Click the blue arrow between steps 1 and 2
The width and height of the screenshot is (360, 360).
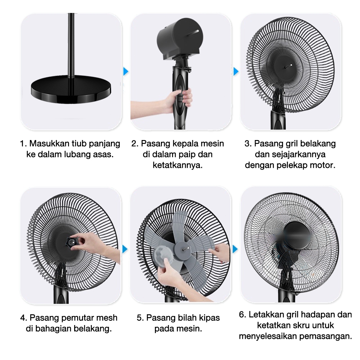pos(126,71)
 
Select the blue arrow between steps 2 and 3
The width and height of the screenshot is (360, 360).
pos(236,71)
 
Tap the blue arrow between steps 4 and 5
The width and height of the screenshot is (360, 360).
pos(125,249)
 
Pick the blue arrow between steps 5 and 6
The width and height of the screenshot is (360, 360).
pos(235,249)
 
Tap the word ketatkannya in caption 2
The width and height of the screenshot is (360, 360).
pos(178,165)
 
